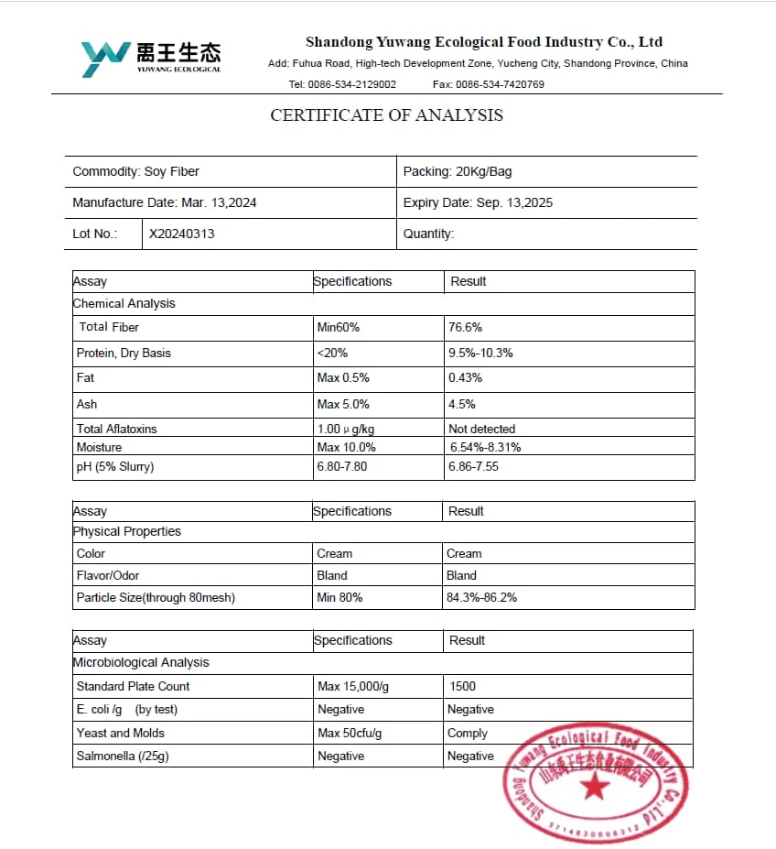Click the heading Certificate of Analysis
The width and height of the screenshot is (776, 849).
[x=386, y=115]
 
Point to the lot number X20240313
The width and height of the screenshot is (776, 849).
[x=182, y=234]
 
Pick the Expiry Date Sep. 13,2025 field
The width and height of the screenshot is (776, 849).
[x=478, y=202]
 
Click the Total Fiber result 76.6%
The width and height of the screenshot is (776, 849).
[x=465, y=327]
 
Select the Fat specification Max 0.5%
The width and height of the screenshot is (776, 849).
[x=342, y=377]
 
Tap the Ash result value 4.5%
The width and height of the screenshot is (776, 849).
[x=461, y=404]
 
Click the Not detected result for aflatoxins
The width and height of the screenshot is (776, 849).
[x=481, y=429]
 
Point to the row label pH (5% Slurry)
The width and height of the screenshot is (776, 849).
[x=115, y=466]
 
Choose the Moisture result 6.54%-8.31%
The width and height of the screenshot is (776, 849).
[x=485, y=447]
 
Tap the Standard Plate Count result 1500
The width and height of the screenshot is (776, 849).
[x=463, y=686]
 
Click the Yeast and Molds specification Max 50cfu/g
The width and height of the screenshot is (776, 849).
[x=349, y=733]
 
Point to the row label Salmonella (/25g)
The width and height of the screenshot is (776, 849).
[x=122, y=756]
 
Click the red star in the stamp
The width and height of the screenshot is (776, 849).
[x=596, y=785]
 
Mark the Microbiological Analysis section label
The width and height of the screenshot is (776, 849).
[x=141, y=662]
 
